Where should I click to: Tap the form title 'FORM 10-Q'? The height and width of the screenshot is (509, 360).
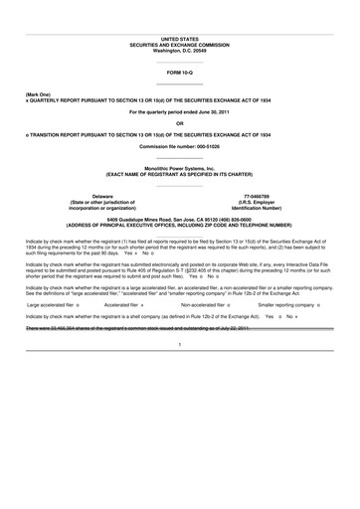click(x=180, y=74)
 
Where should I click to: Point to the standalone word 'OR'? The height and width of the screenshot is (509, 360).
click(x=180, y=123)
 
